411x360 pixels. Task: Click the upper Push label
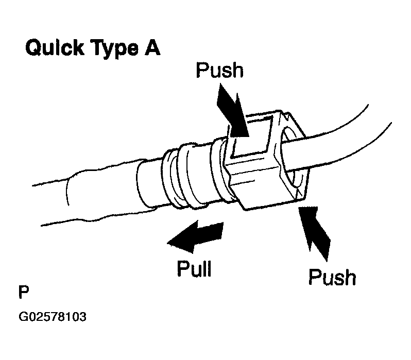tap(219, 71)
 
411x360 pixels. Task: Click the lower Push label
tap(332, 278)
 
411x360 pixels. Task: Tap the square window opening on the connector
tap(251, 135)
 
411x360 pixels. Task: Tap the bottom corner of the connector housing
tap(246, 206)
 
